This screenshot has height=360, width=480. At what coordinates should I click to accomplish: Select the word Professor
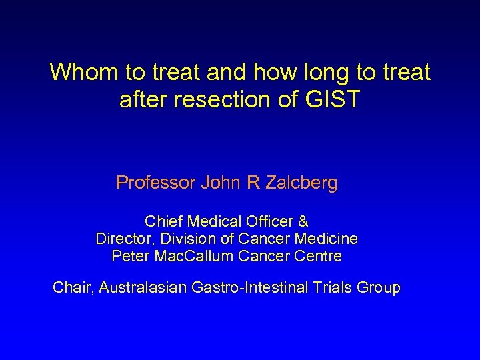coord(155,183)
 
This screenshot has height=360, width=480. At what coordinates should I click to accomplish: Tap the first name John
coord(221,183)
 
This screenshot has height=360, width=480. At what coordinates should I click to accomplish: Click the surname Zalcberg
coord(301,183)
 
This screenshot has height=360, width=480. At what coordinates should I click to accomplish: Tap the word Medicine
coord(328,239)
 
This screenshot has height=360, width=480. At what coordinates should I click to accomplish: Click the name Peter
coord(131,256)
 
